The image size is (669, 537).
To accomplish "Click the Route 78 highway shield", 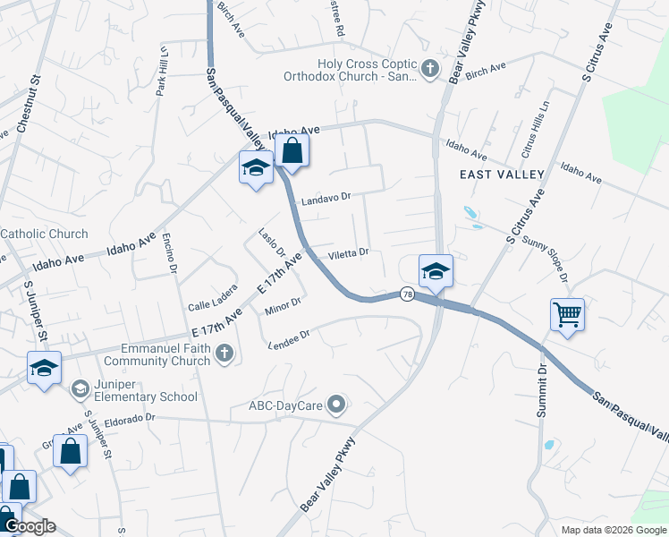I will point(407,294).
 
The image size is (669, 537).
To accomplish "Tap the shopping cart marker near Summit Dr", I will point(567,315).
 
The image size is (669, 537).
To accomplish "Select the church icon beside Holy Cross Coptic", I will point(430,68).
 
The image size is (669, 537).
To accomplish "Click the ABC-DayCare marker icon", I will point(336,406).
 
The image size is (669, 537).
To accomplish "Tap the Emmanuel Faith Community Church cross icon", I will point(224,354).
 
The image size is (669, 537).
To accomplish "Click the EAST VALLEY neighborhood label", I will point(502,174).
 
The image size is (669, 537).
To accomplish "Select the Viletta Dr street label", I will point(348,254).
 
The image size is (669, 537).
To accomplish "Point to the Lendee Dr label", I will point(288,339).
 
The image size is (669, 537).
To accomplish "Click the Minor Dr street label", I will point(283,306).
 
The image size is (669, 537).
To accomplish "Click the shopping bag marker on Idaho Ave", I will point(292,151).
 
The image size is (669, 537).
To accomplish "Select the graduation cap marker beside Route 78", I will point(436,270).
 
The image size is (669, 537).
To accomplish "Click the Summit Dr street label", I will point(541,392).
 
